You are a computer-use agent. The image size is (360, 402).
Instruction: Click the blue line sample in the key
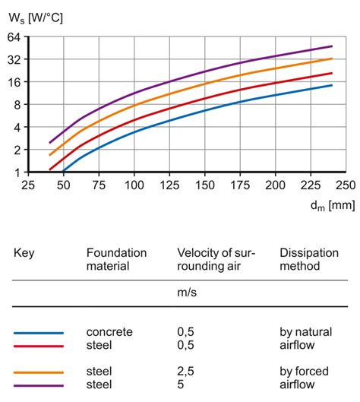click(39, 333)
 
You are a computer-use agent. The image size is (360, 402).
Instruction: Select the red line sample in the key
click(39, 345)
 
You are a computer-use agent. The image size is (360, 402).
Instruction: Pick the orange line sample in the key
click(39, 372)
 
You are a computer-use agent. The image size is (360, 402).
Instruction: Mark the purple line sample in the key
click(39, 385)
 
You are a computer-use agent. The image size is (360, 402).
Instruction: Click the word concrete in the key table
click(109, 332)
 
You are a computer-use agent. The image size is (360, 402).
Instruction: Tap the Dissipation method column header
click(306, 260)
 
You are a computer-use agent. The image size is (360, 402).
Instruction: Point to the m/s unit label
click(188, 292)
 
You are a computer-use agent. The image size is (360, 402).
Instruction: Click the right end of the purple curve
click(332, 46)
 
